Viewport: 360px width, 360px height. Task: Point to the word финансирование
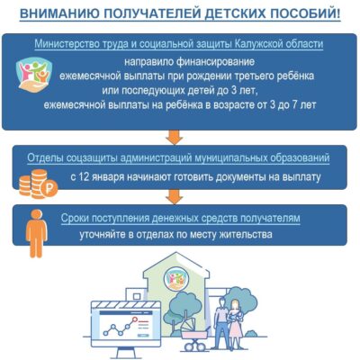215,61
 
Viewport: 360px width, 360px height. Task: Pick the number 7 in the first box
294,105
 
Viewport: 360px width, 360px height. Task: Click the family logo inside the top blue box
34,75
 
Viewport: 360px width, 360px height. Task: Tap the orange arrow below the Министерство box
175,137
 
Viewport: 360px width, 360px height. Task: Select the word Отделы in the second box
45,158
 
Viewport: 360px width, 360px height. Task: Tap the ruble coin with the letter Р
49,189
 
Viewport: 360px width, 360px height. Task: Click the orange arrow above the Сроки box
175,197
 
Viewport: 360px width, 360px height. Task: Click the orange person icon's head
37,214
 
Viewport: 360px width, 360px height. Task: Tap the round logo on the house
175,279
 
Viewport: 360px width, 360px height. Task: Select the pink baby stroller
194,334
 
